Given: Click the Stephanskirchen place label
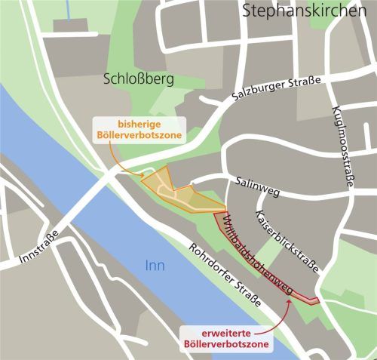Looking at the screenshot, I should (309, 11).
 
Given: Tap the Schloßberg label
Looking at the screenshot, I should (138, 78).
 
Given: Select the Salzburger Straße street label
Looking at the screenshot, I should (279, 89).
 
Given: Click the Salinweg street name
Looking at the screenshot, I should (257, 187).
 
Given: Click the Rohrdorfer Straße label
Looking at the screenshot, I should (225, 275).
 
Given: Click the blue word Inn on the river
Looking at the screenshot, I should (154, 265).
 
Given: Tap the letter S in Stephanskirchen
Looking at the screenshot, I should (247, 11).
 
